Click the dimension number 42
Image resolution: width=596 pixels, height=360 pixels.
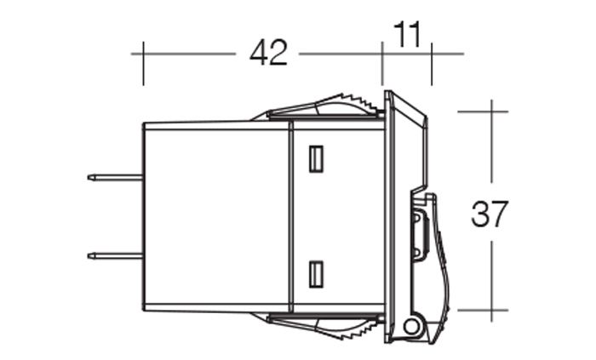click(268, 54)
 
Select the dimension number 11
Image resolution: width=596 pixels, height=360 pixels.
click(407, 34)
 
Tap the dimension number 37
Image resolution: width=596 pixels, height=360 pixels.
click(489, 214)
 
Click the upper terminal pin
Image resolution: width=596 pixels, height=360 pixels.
click(115, 177)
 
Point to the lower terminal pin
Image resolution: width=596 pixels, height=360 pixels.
click(115, 256)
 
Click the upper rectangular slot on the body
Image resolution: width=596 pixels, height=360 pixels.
click(316, 159)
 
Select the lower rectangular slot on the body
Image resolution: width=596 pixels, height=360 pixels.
click(316, 274)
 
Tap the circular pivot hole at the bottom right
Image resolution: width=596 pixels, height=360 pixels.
click(411, 326)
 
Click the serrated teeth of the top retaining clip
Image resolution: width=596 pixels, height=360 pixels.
click(360, 102)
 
